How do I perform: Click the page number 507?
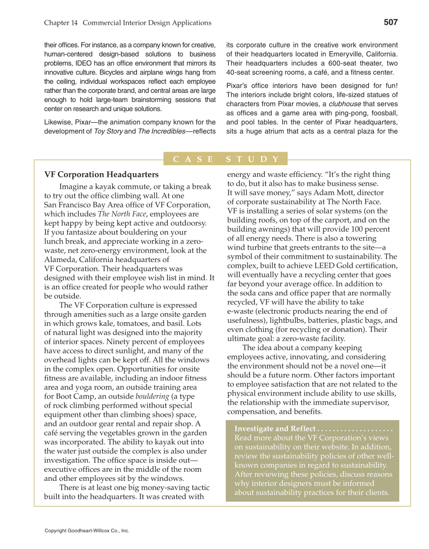tap(390, 22)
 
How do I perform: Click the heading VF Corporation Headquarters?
tap(101, 175)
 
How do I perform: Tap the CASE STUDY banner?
tap(225, 159)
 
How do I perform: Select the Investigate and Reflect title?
tap(275, 428)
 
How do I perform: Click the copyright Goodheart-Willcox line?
tap(87, 531)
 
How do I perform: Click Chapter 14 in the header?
tap(61, 23)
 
